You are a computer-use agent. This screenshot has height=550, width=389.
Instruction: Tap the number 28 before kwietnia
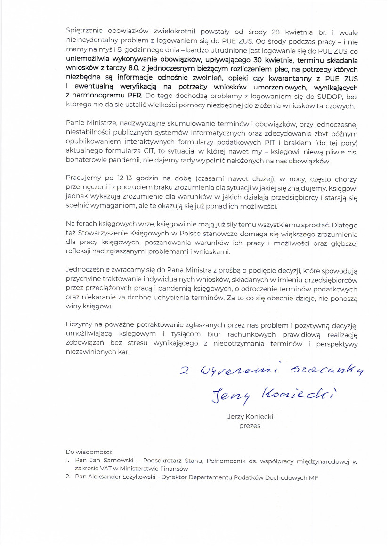click(276, 32)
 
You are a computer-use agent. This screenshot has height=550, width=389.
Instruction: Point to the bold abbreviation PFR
click(141, 97)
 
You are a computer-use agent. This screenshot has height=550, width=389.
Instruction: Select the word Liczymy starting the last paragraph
click(80, 325)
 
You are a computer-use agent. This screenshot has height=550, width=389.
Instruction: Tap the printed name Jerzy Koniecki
click(250, 417)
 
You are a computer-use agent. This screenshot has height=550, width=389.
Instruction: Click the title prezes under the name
click(250, 426)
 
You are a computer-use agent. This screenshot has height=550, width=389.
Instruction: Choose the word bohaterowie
click(89, 160)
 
